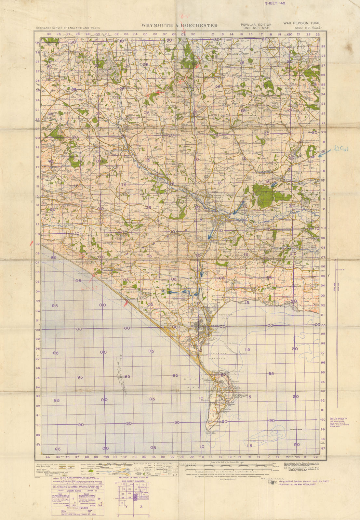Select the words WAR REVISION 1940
point(301,23)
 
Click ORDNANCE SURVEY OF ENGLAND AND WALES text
point(68,28)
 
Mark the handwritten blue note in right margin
point(341,149)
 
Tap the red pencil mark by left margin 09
point(32,243)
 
